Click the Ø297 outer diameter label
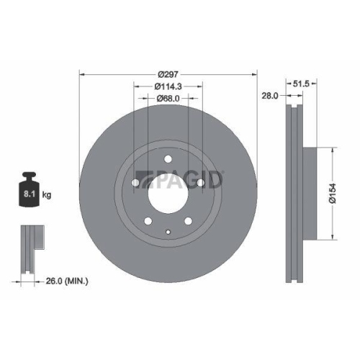click(168, 73)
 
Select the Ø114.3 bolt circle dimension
click(168, 86)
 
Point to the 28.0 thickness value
click(270, 95)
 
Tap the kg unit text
click(46, 194)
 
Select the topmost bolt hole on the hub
click(167, 161)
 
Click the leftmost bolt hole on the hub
click(135, 184)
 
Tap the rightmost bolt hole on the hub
click(199, 184)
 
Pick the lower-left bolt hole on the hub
click(148, 222)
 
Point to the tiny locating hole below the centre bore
click(167, 232)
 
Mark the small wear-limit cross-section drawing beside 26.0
click(28, 248)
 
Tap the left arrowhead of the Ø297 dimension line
click(81, 73)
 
